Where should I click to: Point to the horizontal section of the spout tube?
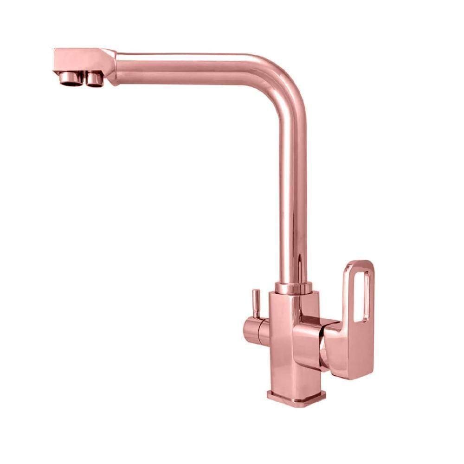tap(186, 68)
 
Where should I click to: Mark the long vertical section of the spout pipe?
tap(293, 186)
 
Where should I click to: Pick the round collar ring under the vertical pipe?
tap(293, 288)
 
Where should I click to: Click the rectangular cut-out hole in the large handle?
tap(361, 297)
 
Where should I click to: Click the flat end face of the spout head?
tap(55, 60)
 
